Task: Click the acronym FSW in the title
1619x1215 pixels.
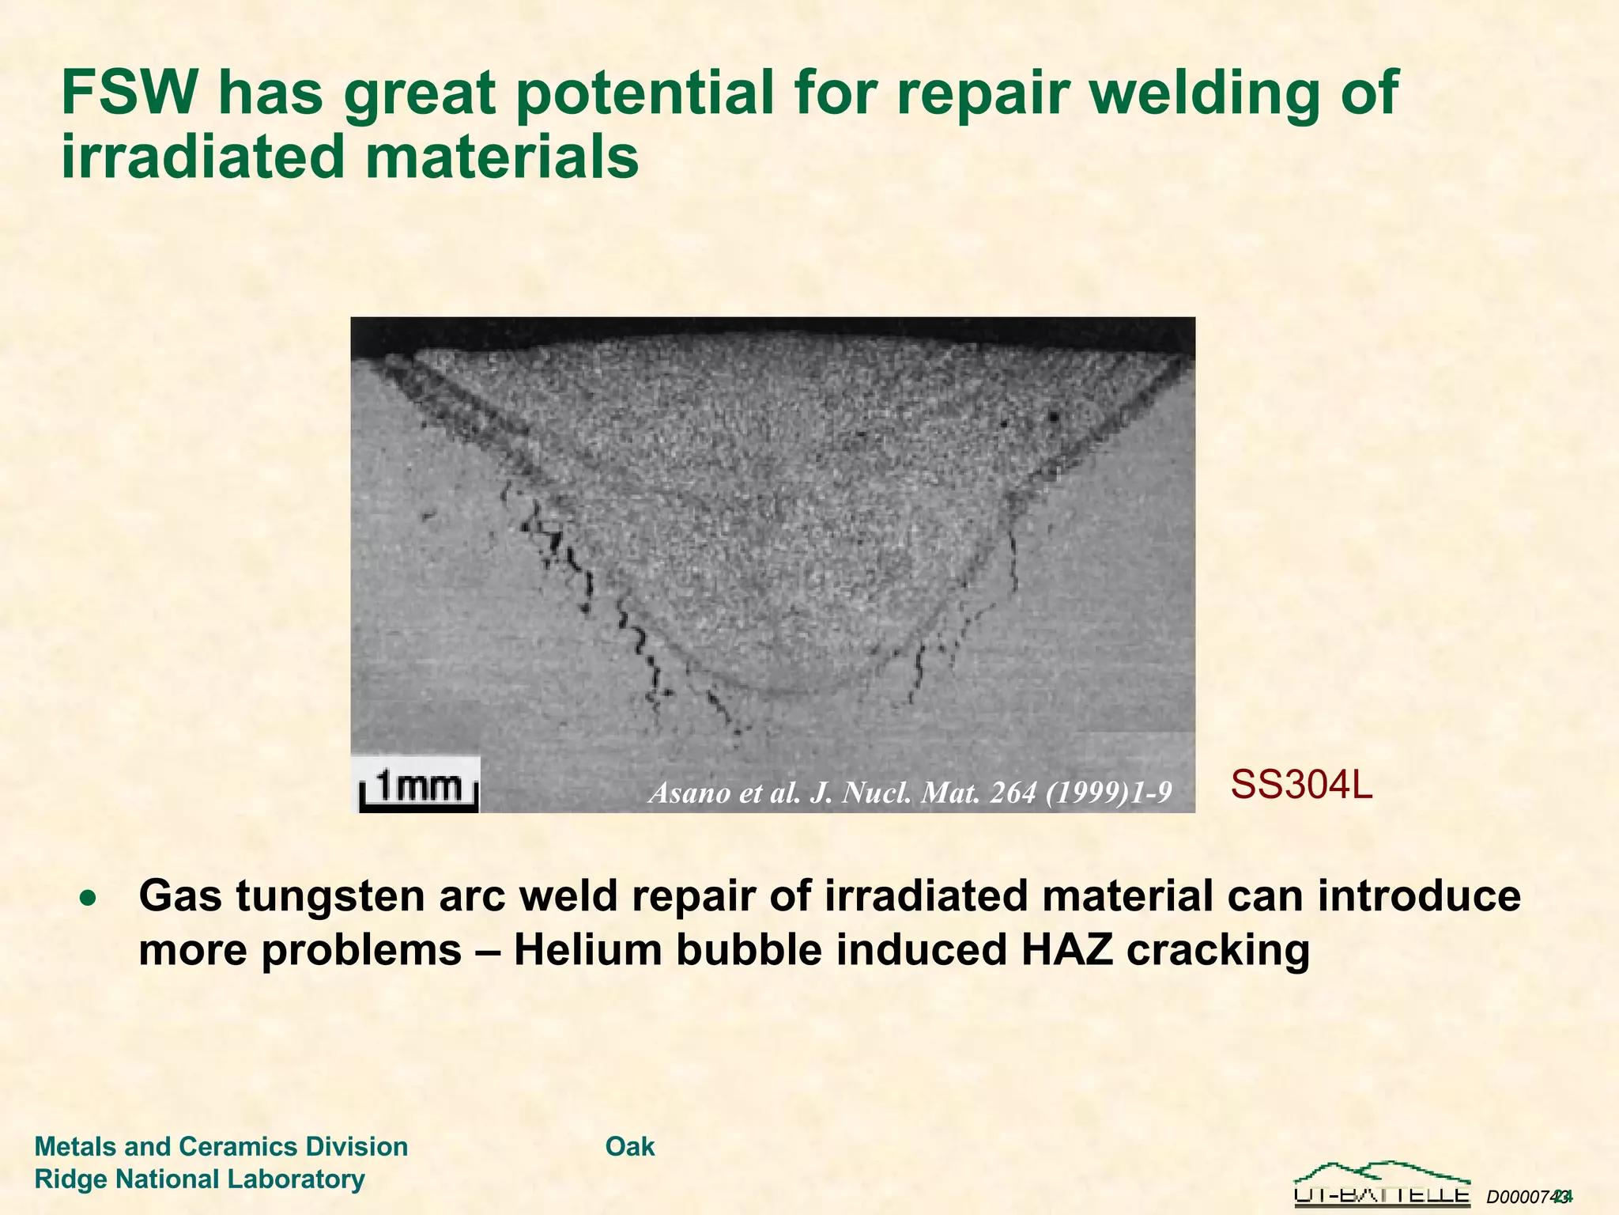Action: tap(128, 93)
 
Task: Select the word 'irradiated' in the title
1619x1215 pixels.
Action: tap(203, 157)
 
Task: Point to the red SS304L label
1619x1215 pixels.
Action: tap(1301, 785)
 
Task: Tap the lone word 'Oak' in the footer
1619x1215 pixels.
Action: tap(630, 1146)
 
